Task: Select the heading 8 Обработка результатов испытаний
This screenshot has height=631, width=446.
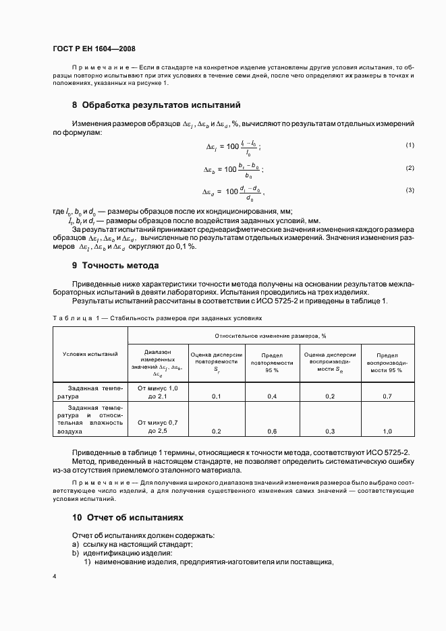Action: coord(156,105)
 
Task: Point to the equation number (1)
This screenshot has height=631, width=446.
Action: coord(409,145)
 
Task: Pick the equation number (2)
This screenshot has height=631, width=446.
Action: coord(409,167)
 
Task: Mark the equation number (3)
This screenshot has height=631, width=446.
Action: coord(409,190)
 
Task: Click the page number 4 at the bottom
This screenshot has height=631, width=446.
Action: coord(55,577)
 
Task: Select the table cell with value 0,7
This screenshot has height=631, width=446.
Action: coord(387,396)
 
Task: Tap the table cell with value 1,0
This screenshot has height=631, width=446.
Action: coord(387,431)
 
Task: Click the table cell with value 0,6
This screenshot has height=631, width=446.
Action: coord(272,431)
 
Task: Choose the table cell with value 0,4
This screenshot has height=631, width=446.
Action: coord(272,396)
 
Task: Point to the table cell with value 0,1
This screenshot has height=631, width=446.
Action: coord(217,396)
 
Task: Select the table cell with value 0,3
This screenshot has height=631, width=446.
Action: coord(330,431)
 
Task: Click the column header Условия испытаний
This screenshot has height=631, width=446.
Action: coord(90,353)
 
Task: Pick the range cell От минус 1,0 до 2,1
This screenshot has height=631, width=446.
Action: coord(157,392)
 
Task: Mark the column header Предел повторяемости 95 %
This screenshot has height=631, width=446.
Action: coord(272,362)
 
